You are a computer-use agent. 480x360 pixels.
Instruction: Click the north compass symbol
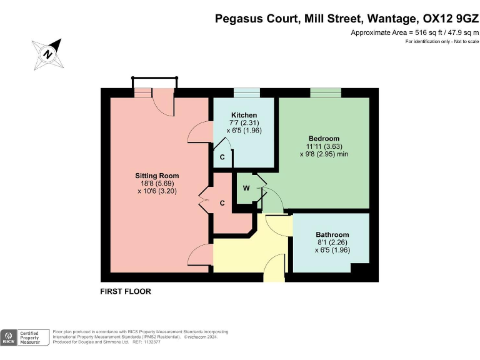click(47, 53)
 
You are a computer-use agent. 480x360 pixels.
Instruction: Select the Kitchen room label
click(244, 116)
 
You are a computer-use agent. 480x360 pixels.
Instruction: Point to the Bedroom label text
click(324, 138)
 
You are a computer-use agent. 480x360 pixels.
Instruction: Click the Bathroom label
click(332, 234)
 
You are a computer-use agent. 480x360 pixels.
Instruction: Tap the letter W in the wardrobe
click(246, 188)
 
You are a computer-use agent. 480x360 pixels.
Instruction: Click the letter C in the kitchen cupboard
click(222, 157)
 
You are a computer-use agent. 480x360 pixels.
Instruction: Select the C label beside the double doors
click(222, 203)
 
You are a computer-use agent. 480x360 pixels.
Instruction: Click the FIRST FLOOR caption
click(126, 291)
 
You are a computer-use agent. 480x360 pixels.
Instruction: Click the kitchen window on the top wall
click(247, 92)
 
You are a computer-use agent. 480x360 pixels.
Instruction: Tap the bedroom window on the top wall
click(326, 92)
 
